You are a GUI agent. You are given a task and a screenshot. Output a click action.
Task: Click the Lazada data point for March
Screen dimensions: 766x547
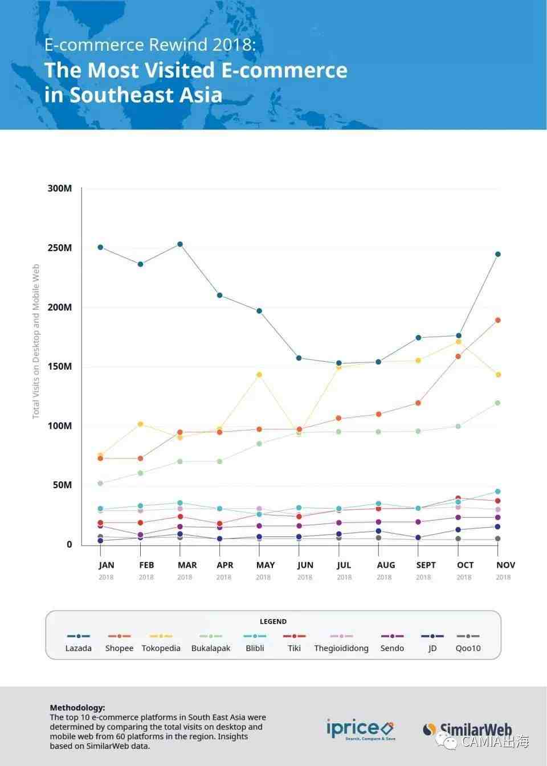(180, 244)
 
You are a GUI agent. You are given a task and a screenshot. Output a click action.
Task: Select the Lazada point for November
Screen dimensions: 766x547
(497, 255)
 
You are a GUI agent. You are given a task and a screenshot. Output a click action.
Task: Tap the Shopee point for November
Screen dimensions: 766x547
(497, 320)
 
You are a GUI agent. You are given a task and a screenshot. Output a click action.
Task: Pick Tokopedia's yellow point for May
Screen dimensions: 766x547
(259, 375)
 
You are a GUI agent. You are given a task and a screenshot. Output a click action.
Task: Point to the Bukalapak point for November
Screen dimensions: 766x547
(497, 403)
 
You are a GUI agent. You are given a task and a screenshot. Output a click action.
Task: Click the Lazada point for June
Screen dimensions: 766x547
(299, 358)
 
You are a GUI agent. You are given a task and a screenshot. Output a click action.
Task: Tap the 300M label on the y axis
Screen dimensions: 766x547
(60, 189)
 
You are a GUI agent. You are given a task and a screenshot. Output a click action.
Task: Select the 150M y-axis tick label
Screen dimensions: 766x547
(60, 366)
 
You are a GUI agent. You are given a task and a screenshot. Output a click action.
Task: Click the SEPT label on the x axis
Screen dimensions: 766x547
(426, 565)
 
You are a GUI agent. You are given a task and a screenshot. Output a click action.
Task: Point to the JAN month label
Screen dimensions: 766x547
(107, 565)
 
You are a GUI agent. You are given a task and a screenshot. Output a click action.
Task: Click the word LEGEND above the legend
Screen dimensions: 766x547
(273, 621)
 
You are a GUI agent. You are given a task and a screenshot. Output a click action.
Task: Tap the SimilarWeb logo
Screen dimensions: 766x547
(467, 729)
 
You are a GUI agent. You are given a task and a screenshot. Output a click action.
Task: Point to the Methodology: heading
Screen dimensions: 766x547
(77, 708)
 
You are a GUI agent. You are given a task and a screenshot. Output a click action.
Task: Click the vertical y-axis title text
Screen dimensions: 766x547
(36, 342)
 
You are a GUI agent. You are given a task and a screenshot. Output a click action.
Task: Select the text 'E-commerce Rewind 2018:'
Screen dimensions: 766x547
(150, 45)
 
